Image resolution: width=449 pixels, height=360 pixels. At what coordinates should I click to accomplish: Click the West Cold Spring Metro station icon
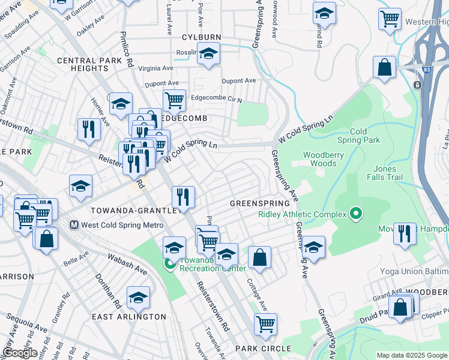pyautogui.click(x=74, y=225)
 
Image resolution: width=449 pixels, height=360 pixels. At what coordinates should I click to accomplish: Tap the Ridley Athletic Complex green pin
pyautogui.click(x=356, y=214)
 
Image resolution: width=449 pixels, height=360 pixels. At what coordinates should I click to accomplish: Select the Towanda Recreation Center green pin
pyautogui.click(x=170, y=263)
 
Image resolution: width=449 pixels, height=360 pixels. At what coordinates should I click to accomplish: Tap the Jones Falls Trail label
pyautogui.click(x=393, y=173)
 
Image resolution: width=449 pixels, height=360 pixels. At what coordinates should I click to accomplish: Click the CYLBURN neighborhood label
pyautogui.click(x=202, y=37)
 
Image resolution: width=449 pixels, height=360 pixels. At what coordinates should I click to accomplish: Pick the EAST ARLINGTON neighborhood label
pyautogui.click(x=129, y=316)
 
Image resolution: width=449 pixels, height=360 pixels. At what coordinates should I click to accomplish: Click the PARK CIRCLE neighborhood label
pyautogui.click(x=263, y=349)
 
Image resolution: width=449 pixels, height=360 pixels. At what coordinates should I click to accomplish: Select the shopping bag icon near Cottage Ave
pyautogui.click(x=259, y=258)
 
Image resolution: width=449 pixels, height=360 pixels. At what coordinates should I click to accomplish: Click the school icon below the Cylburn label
pyautogui.click(x=208, y=55)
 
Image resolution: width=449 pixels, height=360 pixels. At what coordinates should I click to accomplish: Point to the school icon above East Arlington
pyautogui.click(x=138, y=298)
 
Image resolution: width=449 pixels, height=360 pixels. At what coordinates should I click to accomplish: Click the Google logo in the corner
pyautogui.click(x=20, y=353)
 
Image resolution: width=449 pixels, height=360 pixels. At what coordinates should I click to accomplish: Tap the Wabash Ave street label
pyautogui.click(x=127, y=264)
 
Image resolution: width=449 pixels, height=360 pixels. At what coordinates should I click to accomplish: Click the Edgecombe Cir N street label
pyautogui.click(x=215, y=99)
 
